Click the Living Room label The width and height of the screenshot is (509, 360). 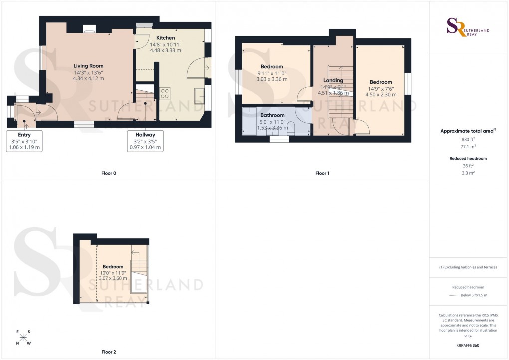point(89,66)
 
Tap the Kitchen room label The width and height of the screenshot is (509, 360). point(165,38)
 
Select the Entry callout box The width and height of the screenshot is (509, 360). point(24,141)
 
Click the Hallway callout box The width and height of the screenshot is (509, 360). point(145,141)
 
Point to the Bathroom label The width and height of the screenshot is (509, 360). point(272,115)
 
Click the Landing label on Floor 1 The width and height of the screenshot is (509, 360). point(333,80)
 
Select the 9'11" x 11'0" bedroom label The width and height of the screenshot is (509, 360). point(272,67)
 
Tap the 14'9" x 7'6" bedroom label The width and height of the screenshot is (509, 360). point(381,82)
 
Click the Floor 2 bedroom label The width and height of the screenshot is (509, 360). point(113,267)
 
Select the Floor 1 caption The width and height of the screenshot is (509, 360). point(322,173)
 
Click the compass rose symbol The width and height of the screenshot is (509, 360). point(23,338)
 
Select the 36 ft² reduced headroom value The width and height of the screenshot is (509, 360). point(468,165)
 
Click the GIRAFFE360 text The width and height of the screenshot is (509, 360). point(468,345)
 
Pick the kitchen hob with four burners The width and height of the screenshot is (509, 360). point(165,93)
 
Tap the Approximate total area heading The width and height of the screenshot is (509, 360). point(468,131)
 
